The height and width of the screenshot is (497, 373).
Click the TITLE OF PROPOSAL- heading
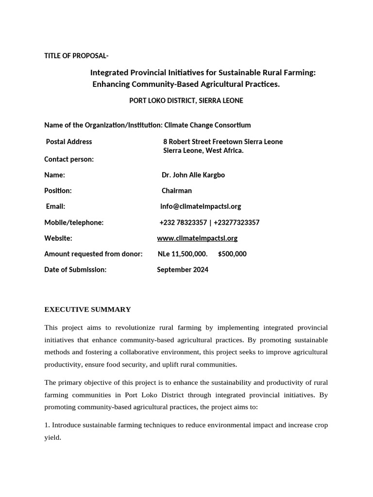click(76, 56)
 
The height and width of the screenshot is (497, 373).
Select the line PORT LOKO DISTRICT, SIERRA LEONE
click(186, 100)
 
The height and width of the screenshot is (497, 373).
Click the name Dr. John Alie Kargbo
click(193, 175)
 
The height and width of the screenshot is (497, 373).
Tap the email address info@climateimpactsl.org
click(201, 206)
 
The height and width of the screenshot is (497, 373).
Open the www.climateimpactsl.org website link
click(197, 238)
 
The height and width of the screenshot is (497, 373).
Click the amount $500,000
click(232, 254)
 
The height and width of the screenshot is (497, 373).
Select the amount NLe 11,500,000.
click(183, 254)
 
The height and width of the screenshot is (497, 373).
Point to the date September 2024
click(183, 270)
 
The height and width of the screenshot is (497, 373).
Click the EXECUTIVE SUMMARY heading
click(87, 309)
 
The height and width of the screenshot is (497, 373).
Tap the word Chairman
click(177, 191)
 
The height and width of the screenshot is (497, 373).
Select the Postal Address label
click(68, 142)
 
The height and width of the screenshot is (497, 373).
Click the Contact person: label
click(69, 159)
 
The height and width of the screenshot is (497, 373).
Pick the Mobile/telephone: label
click(74, 222)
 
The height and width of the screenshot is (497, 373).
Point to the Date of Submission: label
click(75, 270)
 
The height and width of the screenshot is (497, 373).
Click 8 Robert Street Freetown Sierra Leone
click(223, 142)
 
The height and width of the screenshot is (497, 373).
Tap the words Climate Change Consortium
click(207, 125)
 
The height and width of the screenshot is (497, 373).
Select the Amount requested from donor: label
click(93, 254)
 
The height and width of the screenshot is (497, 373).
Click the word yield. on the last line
click(52, 437)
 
